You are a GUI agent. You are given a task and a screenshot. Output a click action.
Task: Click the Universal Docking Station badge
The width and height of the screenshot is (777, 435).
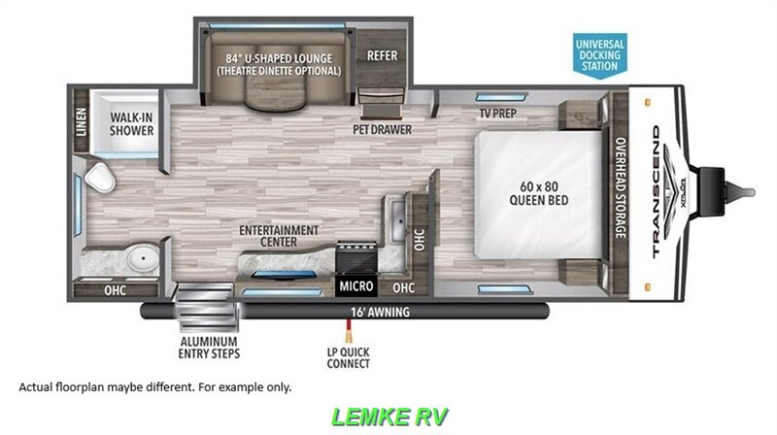(599, 53)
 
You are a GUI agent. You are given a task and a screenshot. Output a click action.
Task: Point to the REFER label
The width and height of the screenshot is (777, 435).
(383, 55)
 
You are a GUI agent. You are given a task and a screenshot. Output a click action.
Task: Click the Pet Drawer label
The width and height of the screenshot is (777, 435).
(382, 128)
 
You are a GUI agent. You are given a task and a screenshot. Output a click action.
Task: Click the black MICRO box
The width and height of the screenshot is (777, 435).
(356, 286)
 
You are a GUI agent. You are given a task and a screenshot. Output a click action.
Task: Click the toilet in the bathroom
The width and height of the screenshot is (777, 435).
(98, 179)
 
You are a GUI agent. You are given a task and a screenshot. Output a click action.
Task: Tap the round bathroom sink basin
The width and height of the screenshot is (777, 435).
(145, 261)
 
